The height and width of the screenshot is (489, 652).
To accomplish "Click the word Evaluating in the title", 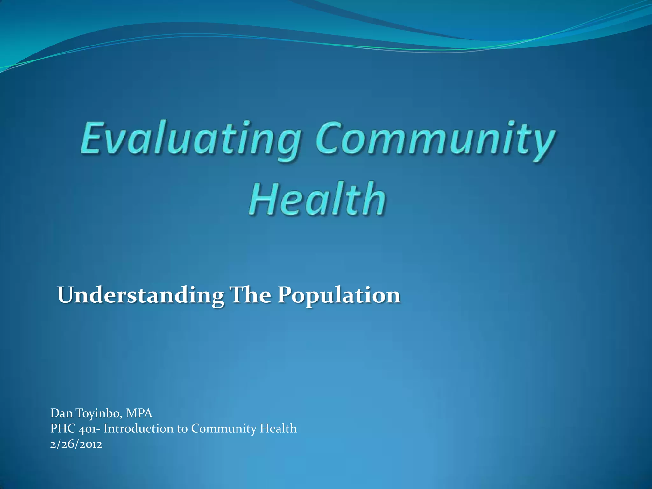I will [x=190, y=140].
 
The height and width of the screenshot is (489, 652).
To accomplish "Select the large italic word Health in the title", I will [x=317, y=199].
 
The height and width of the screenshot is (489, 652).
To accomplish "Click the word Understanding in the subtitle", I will [x=140, y=295].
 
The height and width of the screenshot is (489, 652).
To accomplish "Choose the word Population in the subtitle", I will [x=338, y=295].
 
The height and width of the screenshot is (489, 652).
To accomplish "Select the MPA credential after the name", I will [x=139, y=413].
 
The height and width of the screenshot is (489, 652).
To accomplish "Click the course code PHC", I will [x=63, y=429].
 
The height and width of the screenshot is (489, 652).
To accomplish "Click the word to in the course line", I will [x=182, y=429].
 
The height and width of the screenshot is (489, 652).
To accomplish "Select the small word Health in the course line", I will [x=278, y=429].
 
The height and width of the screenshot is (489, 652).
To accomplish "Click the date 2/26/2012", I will [x=76, y=444].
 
